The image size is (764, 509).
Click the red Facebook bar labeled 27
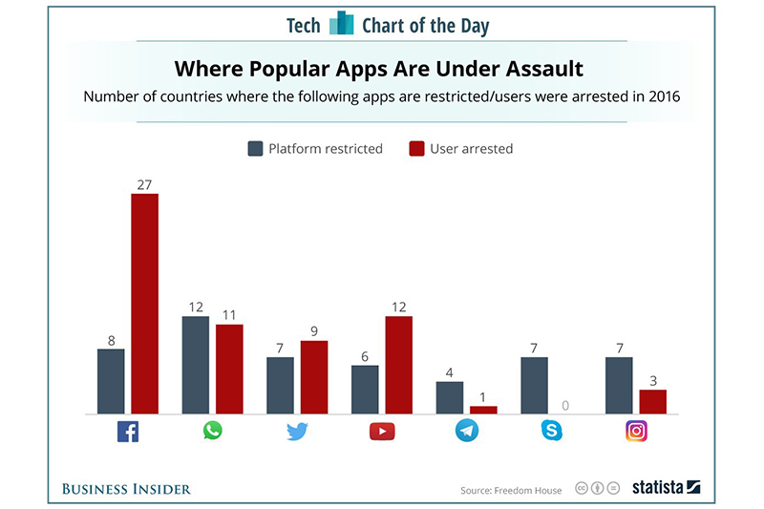pos(144,304)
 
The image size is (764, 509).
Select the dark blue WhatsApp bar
pos(196,365)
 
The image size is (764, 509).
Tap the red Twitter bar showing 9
pos(314,377)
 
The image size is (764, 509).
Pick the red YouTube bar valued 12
pos(398,365)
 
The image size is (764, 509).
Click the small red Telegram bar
pos(483,410)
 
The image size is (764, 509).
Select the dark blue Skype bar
pos(534,385)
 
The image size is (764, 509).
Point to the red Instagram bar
pos(652,401)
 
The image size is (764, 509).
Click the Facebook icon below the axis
pos(128,431)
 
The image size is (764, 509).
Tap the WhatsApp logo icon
pos(212,431)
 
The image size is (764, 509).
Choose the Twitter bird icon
pos(297,431)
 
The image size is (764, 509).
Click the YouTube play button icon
pos(382,431)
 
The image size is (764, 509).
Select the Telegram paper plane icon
pos(467,431)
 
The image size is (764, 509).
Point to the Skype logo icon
pos(551,431)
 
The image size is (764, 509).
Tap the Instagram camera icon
pos(636,431)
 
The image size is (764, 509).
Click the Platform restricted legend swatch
pos(255,148)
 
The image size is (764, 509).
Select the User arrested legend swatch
pos(416,148)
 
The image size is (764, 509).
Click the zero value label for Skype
pos(566,406)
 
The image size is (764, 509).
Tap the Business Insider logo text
pos(126,489)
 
